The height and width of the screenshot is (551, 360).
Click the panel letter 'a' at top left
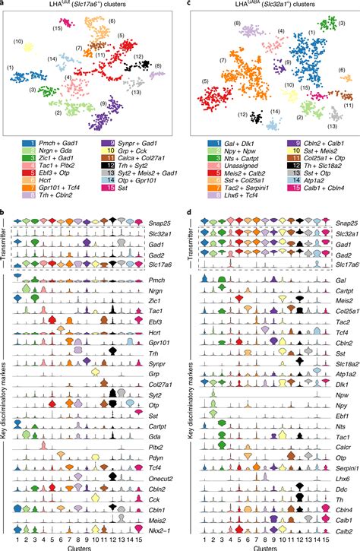coord(3,4)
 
